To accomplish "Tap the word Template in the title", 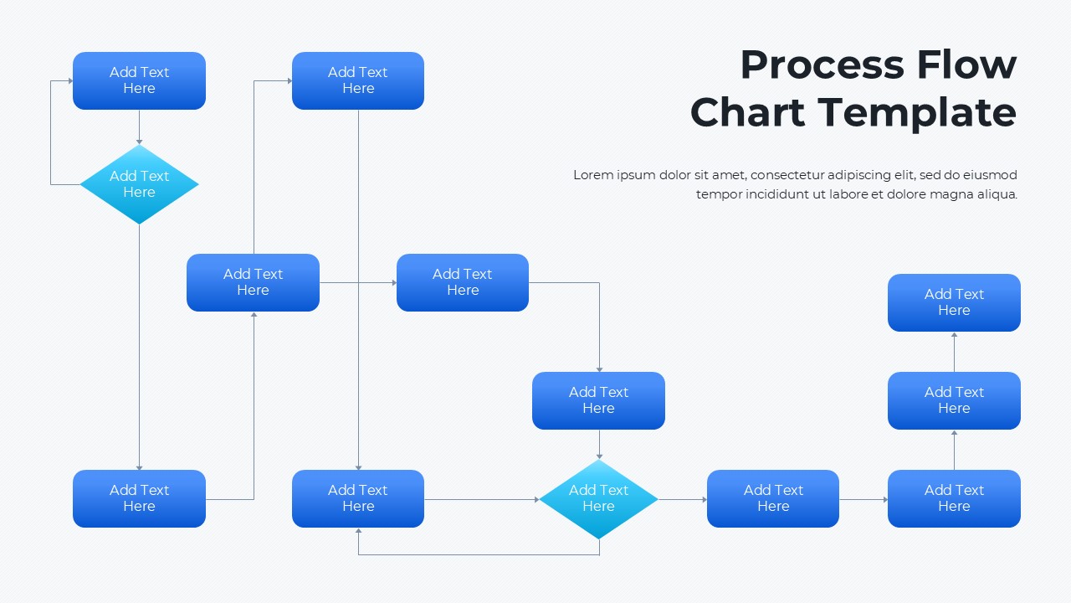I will point(916,112).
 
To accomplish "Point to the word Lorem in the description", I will point(592,175).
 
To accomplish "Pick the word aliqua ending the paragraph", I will point(995,194).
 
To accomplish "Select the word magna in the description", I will point(945,194).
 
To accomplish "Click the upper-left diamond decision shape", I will point(139,184).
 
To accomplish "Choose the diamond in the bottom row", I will point(598,499).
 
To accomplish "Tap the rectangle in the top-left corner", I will point(139,80).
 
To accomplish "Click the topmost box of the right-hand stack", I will point(954,302).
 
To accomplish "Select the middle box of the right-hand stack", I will point(954,400).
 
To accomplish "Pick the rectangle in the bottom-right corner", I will point(954,498).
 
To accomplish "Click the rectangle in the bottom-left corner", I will point(139,498).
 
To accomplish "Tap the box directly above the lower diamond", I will point(598,400).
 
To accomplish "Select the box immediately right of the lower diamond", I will point(772,498).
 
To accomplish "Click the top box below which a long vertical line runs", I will point(357,80).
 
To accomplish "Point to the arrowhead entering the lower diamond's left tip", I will point(536,500).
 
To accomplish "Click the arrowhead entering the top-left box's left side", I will point(70,81).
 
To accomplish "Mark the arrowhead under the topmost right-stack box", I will point(954,335).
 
